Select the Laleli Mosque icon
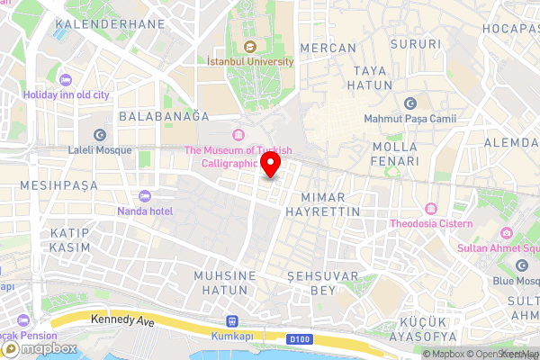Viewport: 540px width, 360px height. [x=99, y=133]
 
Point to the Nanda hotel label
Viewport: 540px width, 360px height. [x=144, y=211]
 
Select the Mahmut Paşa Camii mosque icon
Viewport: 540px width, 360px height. [x=410, y=103]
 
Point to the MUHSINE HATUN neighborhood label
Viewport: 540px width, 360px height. [x=226, y=283]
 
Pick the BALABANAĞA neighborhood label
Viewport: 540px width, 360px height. [x=165, y=117]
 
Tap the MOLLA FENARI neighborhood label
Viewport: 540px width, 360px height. [x=394, y=153]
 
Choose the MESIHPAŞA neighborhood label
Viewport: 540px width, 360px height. [x=58, y=186]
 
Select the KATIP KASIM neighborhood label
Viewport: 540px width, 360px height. [x=64, y=239]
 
